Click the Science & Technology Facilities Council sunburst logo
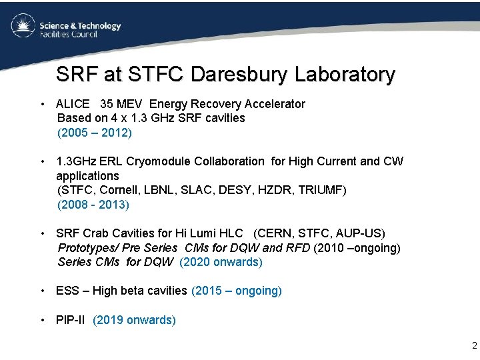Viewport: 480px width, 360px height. tap(23, 26)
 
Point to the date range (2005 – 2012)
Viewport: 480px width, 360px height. tap(95, 133)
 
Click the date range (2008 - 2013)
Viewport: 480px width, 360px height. tap(93, 205)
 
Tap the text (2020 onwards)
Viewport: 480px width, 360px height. tap(221, 262)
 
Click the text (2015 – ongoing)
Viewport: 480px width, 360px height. tap(237, 291)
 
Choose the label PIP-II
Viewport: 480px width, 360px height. tap(72, 320)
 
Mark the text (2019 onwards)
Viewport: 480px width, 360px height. tap(135, 320)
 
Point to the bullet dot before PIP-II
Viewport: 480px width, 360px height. tap(43, 320)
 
